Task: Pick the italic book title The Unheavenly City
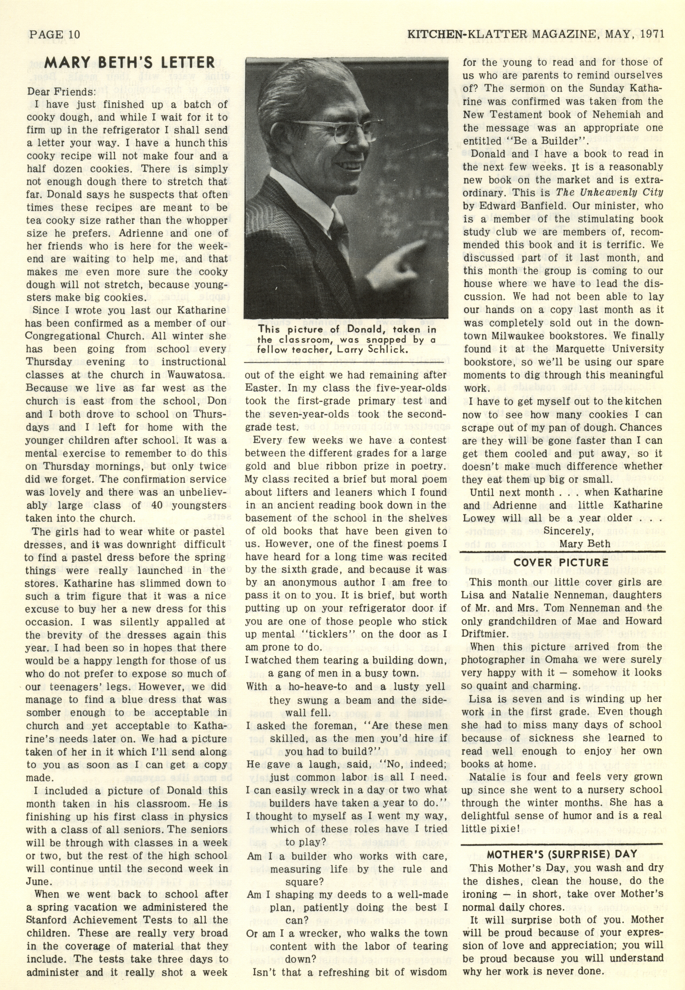point(610,192)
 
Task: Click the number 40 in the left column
point(157,505)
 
